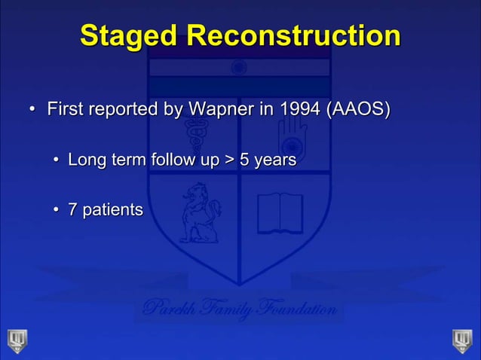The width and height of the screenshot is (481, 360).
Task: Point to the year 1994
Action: [x=301, y=111]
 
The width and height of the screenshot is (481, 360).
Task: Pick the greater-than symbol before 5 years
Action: [x=227, y=160]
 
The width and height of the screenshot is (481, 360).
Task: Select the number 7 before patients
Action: [x=72, y=209]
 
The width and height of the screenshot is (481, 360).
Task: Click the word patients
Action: [x=112, y=209]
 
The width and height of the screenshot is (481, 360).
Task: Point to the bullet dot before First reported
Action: [x=32, y=112]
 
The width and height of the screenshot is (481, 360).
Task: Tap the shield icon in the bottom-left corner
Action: [x=16, y=340]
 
